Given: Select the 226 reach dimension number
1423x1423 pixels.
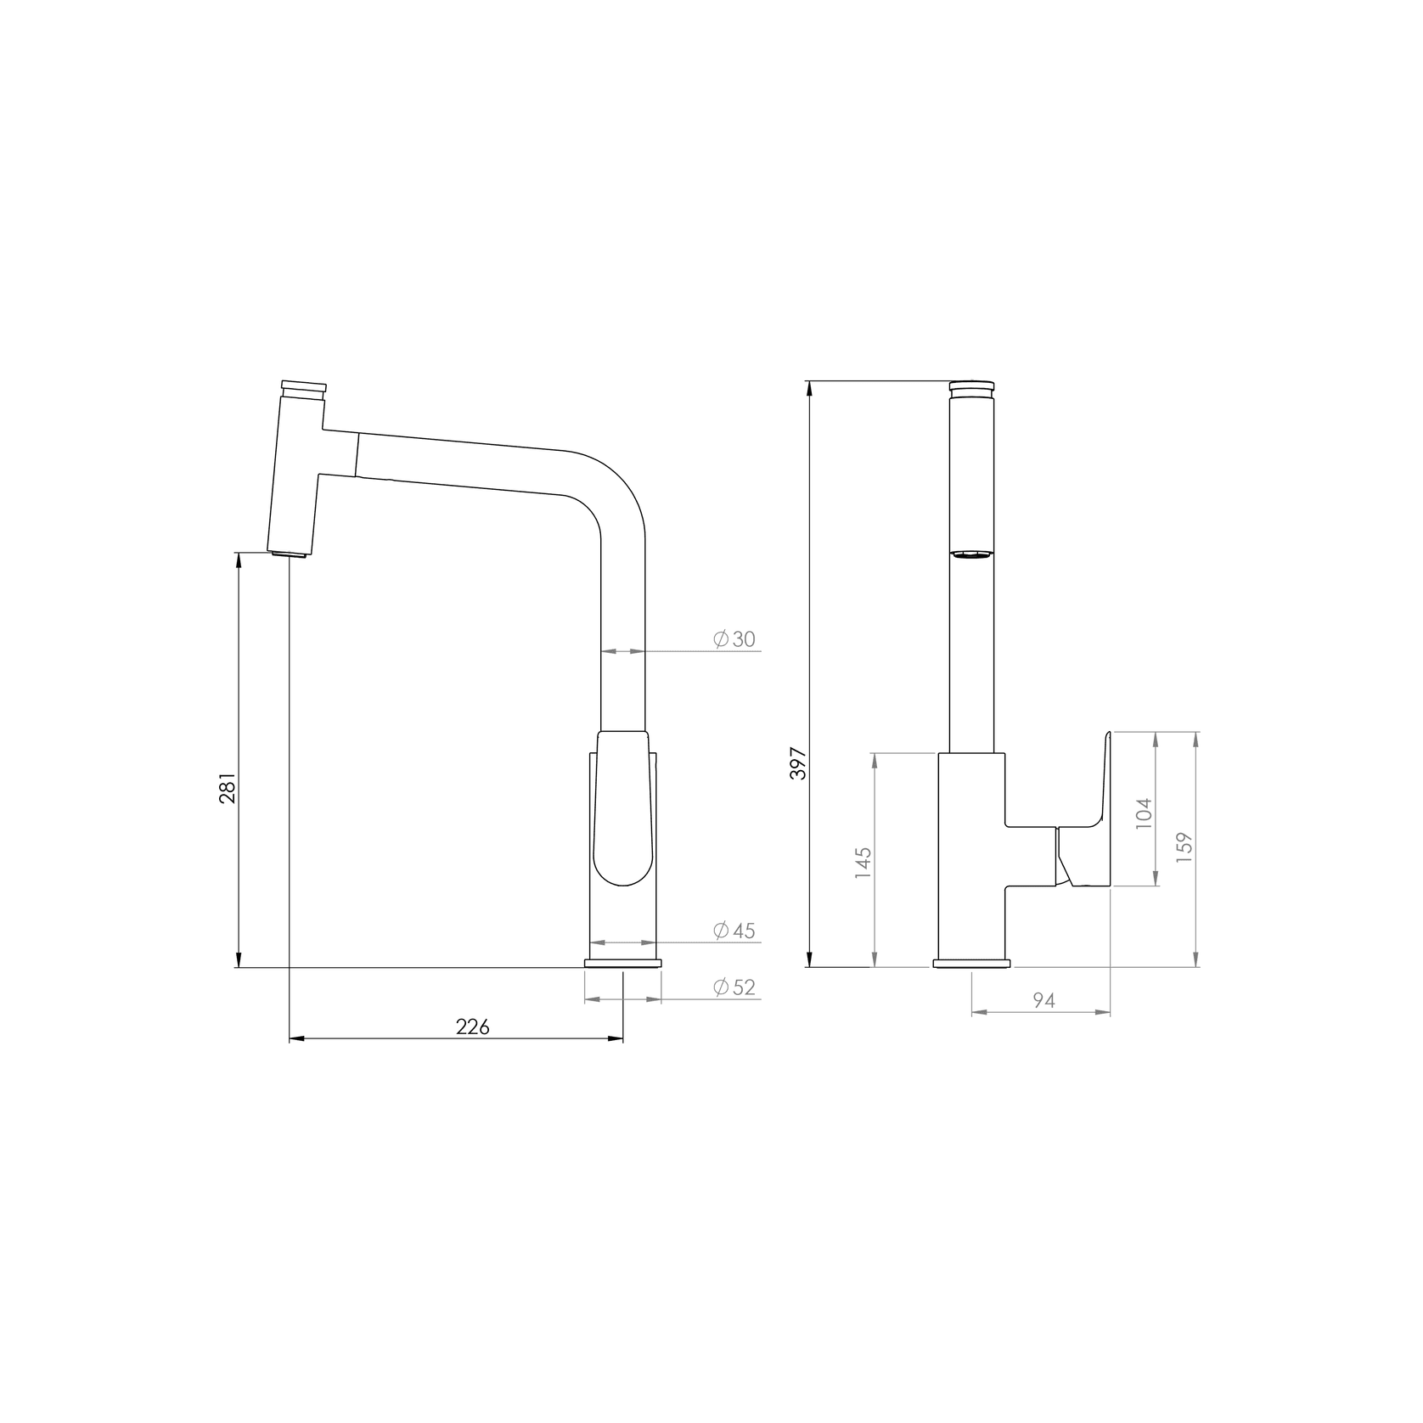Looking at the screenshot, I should point(473,1026).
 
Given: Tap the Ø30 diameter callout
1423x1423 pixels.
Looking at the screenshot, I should point(734,639).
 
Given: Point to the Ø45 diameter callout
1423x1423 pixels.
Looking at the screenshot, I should point(734,931).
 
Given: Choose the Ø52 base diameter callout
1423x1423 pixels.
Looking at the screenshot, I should point(734,987).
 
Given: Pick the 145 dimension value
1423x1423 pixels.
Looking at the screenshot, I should point(863,863).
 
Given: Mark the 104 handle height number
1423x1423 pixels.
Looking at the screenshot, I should point(1145,813).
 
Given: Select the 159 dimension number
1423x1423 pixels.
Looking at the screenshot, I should point(1185,848).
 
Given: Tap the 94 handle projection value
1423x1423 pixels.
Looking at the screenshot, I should point(1043,1001).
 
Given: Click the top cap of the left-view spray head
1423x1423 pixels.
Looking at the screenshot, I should point(303,385).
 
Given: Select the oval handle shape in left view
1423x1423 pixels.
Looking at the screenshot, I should point(624,811).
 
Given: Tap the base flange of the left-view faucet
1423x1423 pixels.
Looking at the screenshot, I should point(622,963).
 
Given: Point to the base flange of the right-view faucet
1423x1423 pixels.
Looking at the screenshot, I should point(972,963).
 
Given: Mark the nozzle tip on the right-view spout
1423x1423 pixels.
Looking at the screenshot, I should point(971,554).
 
